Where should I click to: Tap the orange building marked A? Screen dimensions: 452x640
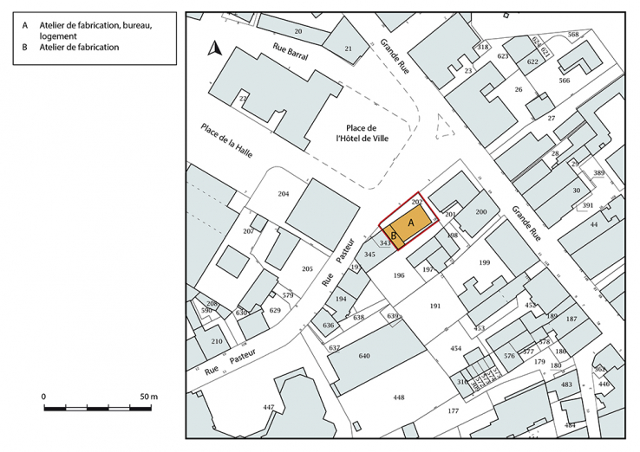[x=411, y=221]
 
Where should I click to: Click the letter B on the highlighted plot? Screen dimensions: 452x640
[x=393, y=235]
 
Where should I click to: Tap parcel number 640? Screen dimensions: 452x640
[x=364, y=356]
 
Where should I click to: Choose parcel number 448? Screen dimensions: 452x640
[x=398, y=397]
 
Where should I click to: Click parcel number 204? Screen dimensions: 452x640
[x=283, y=193]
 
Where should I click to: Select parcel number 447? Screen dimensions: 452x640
[x=269, y=407]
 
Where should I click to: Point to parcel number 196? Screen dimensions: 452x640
[x=399, y=275]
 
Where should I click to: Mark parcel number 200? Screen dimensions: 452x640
[x=481, y=212]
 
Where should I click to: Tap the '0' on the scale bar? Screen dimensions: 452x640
[x=44, y=396]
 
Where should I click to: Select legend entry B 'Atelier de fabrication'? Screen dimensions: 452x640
[x=79, y=48]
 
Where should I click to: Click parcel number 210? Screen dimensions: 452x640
[x=217, y=340]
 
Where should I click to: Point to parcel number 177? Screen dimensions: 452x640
[x=453, y=411]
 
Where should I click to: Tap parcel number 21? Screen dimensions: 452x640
[x=348, y=48]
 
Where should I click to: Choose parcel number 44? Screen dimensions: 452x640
[x=594, y=224]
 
